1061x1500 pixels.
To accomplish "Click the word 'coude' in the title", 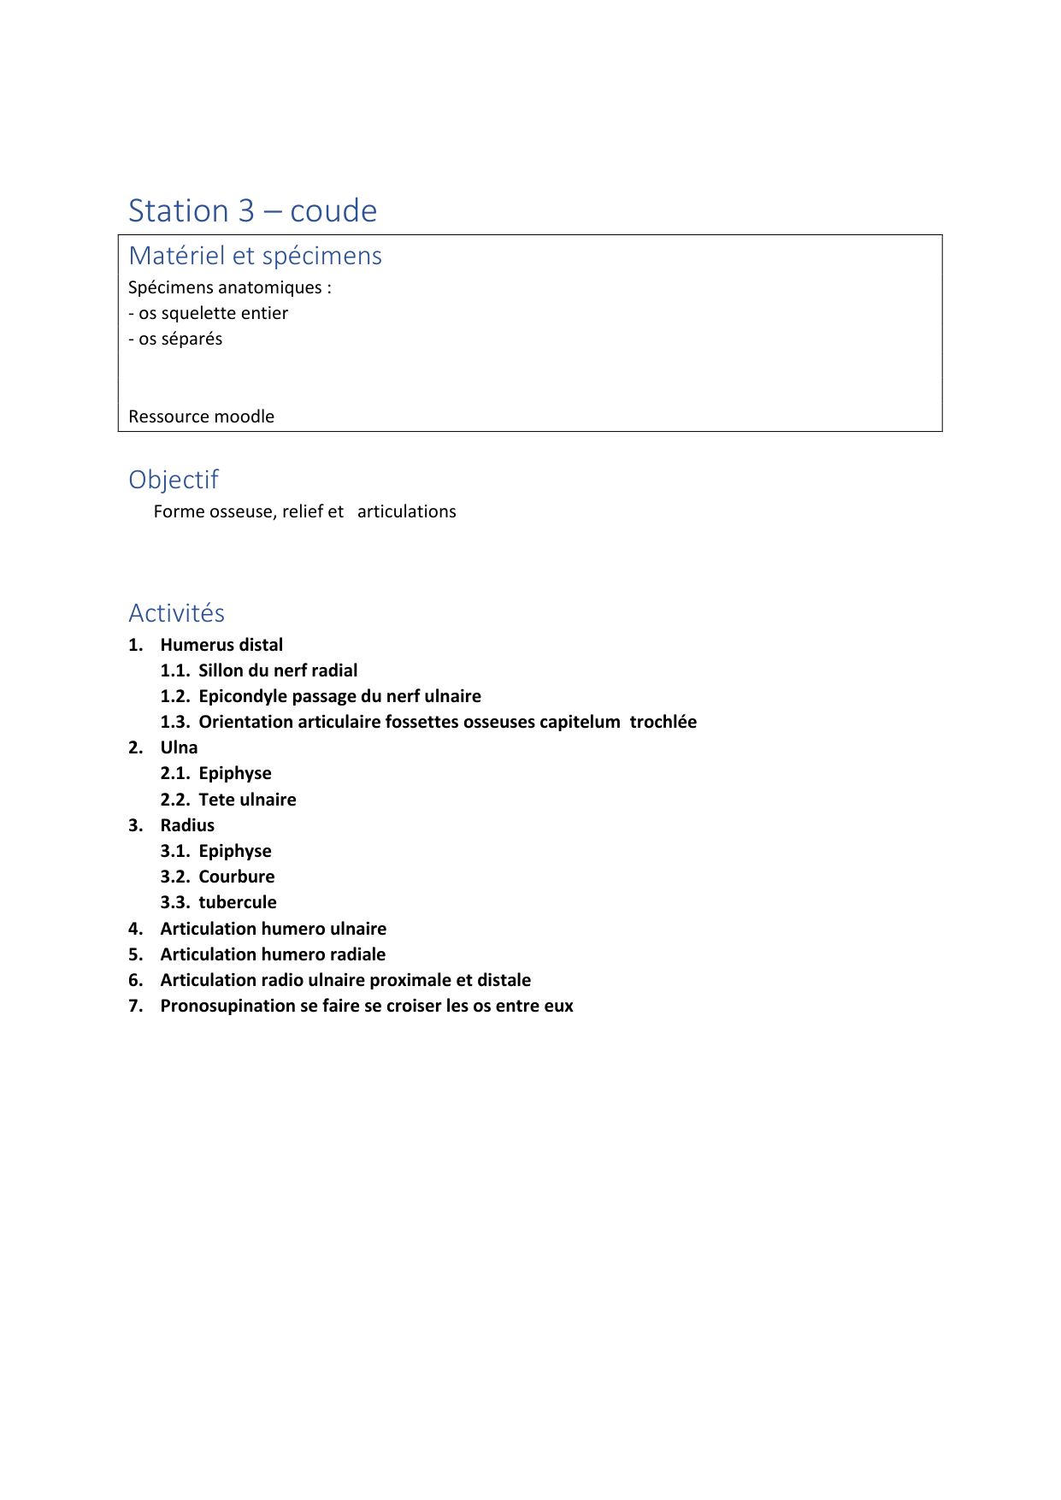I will click(x=333, y=211).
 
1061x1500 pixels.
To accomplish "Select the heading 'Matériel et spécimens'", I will click(x=255, y=256).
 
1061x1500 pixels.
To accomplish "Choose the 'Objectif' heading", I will click(x=174, y=480).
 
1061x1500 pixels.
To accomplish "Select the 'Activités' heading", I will click(x=176, y=613).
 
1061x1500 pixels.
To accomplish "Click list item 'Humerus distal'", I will click(x=221, y=645).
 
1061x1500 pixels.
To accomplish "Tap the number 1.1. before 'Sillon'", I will click(x=174, y=670).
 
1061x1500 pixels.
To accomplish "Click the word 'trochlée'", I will click(x=663, y=722).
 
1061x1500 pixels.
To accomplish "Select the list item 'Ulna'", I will click(x=179, y=747).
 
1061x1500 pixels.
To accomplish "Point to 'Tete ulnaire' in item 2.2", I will click(x=247, y=800).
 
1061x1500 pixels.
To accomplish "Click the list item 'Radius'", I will click(x=187, y=825).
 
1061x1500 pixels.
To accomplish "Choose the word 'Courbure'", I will click(x=237, y=877).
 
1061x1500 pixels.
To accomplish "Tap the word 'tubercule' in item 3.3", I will click(x=238, y=902).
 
